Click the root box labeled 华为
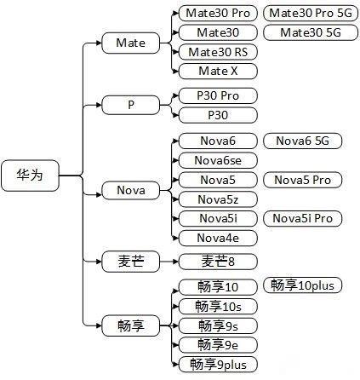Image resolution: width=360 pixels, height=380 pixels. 29,174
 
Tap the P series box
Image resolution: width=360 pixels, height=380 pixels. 130,105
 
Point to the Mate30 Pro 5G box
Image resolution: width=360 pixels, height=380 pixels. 309,14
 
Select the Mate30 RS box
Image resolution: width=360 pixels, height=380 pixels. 217,52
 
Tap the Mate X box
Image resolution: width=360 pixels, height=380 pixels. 217,71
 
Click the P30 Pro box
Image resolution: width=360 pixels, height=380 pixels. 217,95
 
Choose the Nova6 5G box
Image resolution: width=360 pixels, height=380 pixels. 302,141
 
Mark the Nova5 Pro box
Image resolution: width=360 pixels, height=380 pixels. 302,180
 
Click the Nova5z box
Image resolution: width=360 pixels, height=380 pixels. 216,199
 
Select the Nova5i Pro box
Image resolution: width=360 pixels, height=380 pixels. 303,219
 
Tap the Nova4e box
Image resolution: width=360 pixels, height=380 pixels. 216,238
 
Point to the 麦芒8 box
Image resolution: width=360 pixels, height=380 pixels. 216,262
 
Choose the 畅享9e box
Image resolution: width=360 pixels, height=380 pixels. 216,344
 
